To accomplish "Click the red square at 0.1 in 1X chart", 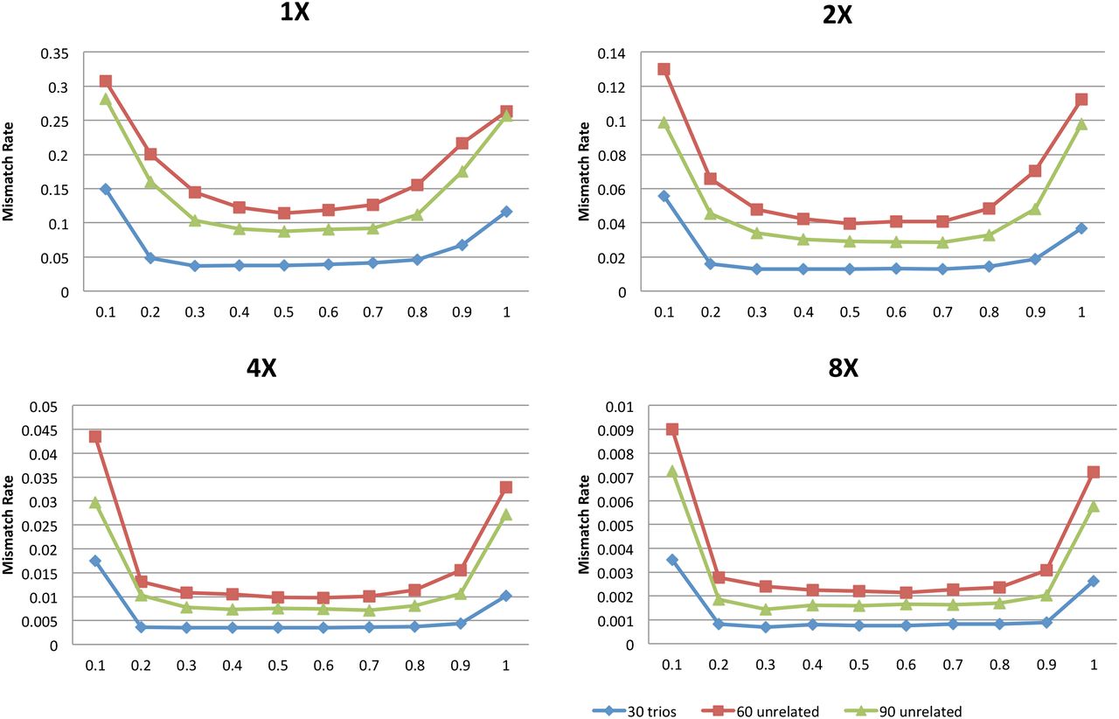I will tap(106, 81).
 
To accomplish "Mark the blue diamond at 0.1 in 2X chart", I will tap(664, 196).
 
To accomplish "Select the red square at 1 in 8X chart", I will tap(1092, 472).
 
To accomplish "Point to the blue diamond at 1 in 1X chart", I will tap(506, 212).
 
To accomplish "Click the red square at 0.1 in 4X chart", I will tap(95, 436).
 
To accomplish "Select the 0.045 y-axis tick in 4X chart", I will tap(41, 430).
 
